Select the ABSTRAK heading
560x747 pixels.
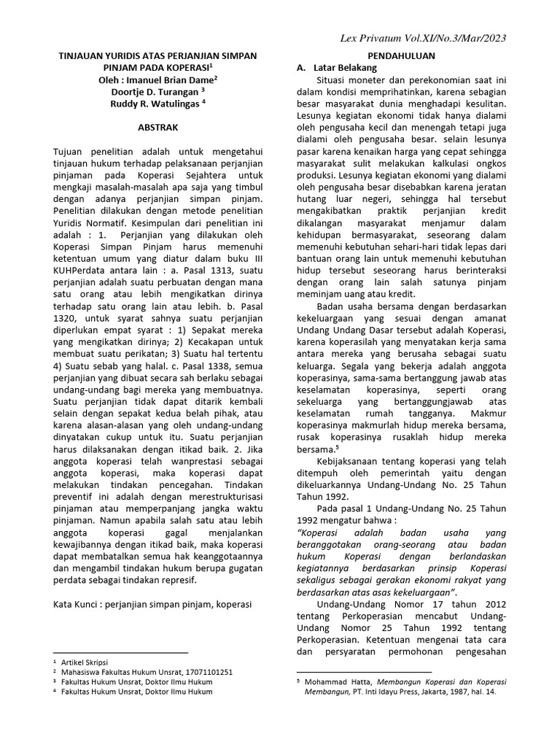pyautogui.click(x=158, y=127)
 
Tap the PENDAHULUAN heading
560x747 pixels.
pyautogui.click(x=401, y=55)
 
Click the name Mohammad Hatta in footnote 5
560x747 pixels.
pyautogui.click(x=332, y=682)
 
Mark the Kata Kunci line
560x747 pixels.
pyautogui.click(x=152, y=605)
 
